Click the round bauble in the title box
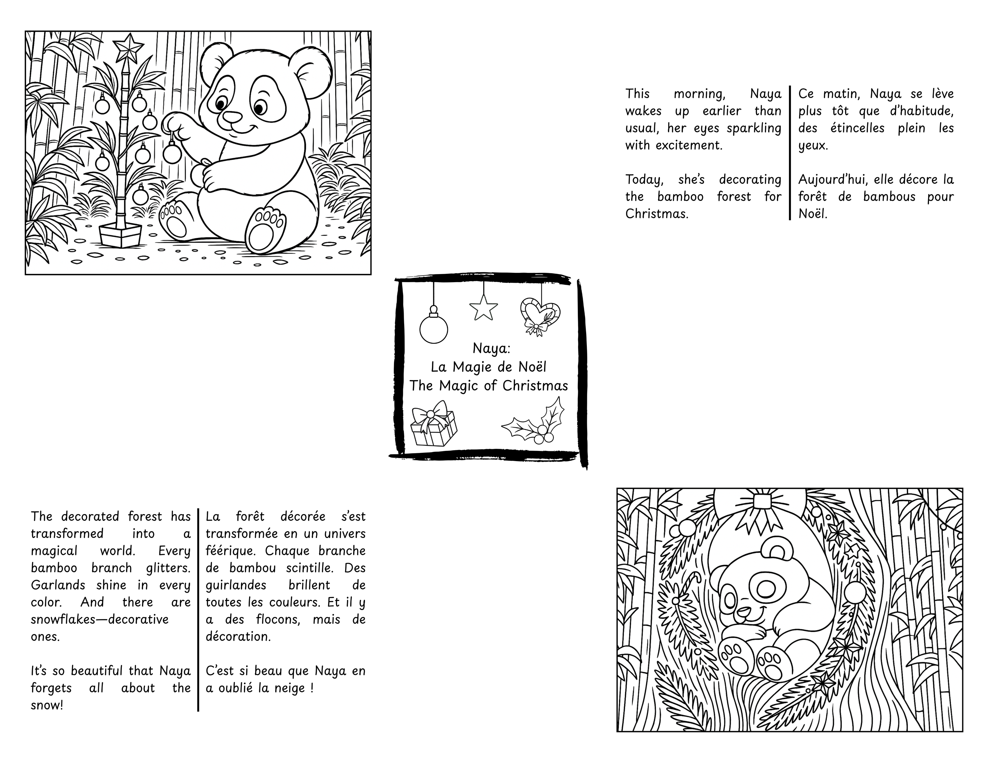point(434,329)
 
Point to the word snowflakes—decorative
point(99,619)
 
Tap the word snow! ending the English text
point(47,705)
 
